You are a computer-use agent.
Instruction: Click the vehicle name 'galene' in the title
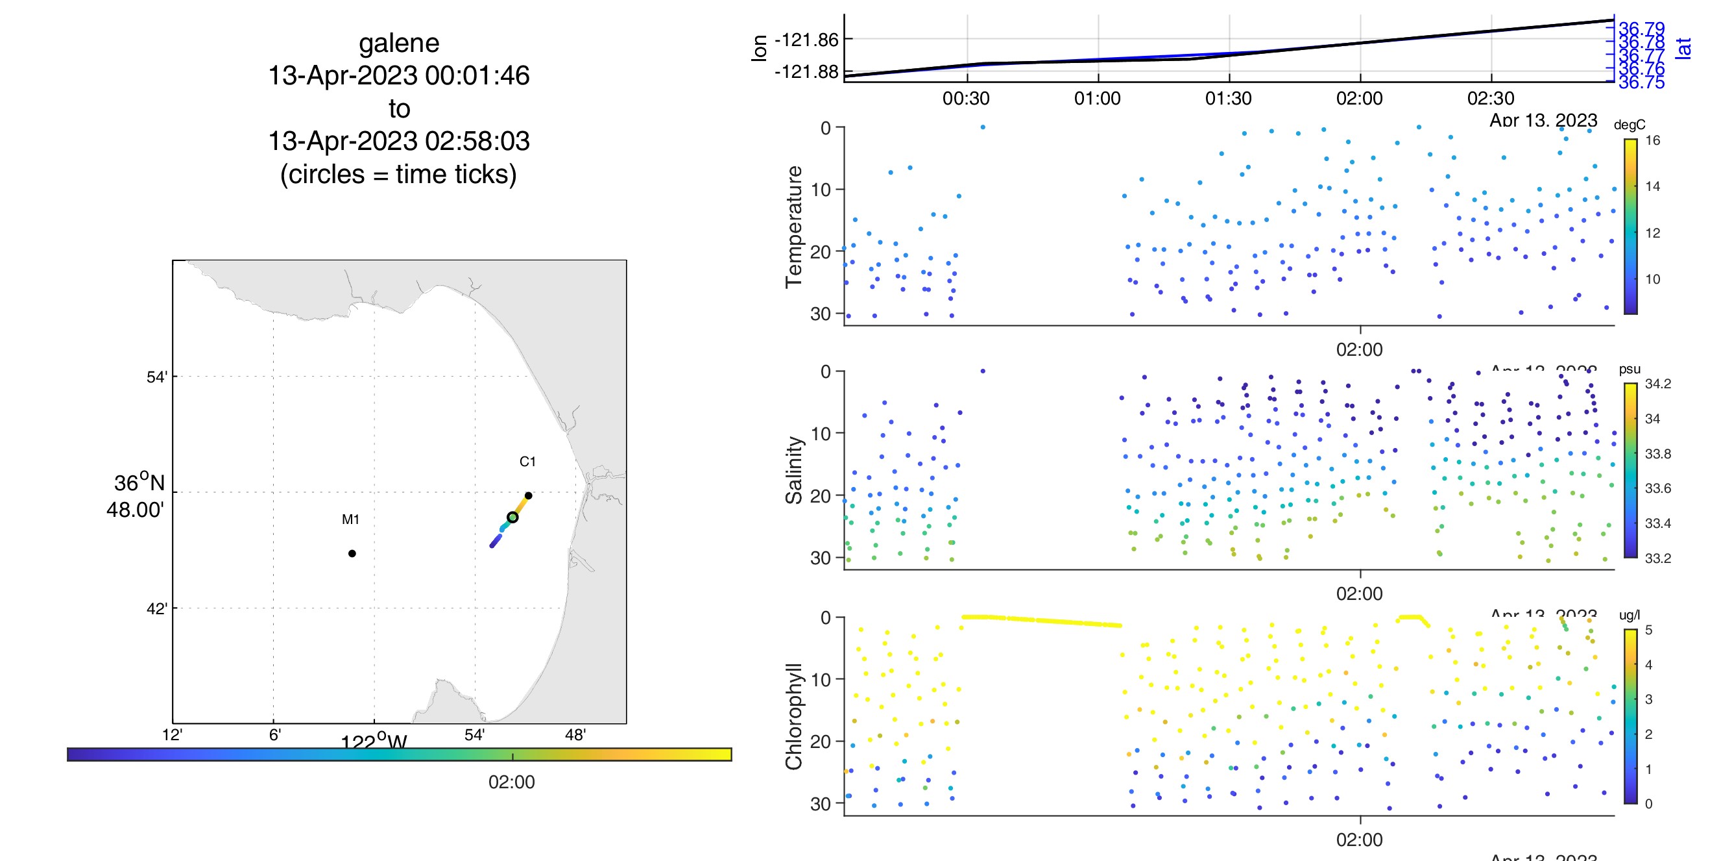click(x=399, y=44)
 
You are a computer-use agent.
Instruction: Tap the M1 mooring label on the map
click(x=351, y=519)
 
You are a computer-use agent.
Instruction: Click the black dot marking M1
click(x=352, y=553)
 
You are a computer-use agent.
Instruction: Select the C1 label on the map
click(x=527, y=461)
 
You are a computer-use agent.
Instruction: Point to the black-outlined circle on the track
click(x=512, y=518)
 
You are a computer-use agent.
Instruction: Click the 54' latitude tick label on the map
click(x=156, y=377)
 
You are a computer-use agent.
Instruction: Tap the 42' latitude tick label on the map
click(x=156, y=609)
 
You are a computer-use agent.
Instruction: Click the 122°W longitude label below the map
click(x=374, y=742)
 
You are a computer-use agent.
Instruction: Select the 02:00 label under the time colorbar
click(x=511, y=782)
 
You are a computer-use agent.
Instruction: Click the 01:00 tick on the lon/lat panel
click(x=1097, y=99)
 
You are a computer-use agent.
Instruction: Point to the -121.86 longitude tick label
click(x=806, y=40)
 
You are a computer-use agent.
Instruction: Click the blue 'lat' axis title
click(x=1683, y=48)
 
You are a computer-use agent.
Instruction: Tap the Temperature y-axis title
click(x=794, y=227)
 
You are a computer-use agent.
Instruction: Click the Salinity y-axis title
click(x=794, y=470)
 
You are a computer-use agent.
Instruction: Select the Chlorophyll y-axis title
click(x=794, y=717)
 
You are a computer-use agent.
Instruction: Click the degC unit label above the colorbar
click(x=1629, y=125)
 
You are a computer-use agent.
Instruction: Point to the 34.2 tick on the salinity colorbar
click(x=1657, y=384)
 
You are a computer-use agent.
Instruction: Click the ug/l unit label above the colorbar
click(x=1629, y=615)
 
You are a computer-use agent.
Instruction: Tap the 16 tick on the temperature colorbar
click(x=1652, y=140)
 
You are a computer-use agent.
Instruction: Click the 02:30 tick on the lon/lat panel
click(x=1490, y=99)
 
